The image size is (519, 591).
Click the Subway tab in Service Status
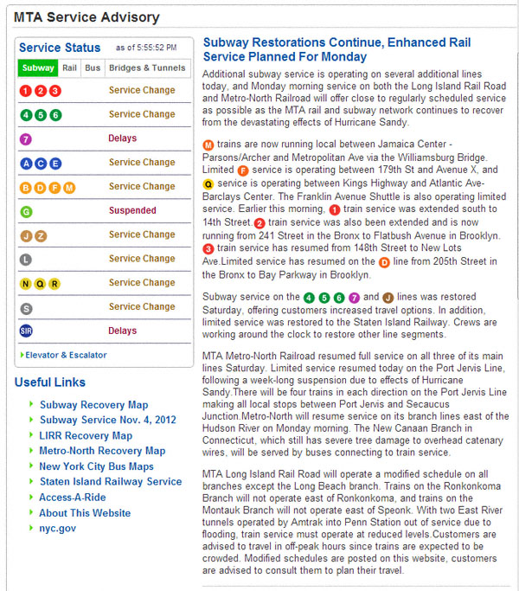[38, 67]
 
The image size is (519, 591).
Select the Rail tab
[70, 67]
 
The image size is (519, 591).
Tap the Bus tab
[93, 67]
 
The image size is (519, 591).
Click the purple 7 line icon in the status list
[26, 138]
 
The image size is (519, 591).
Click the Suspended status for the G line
[132, 210]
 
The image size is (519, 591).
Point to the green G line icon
[26, 211]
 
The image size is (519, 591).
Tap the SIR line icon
[26, 331]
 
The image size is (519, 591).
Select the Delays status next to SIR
[123, 331]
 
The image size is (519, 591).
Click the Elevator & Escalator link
[65, 355]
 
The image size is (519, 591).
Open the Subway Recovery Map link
[93, 404]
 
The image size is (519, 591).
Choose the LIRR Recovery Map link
[86, 435]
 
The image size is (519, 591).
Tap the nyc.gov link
[57, 528]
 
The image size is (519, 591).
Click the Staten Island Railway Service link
[110, 482]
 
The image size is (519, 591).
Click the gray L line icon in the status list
[26, 259]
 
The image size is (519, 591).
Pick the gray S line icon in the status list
[26, 307]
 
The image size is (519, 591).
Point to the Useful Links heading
[50, 382]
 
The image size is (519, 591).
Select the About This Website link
[85, 513]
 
